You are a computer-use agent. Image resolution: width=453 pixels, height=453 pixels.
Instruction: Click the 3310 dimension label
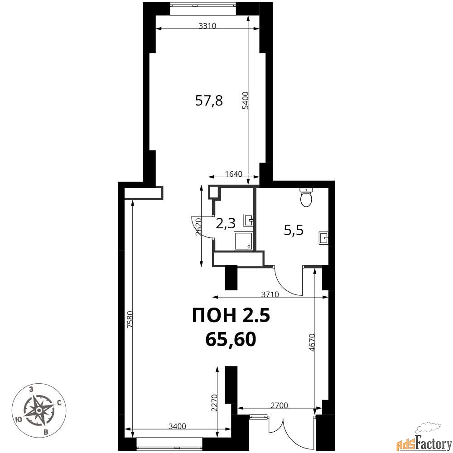click(207, 26)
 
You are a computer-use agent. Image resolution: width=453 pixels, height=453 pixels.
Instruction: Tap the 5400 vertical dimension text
click(245, 100)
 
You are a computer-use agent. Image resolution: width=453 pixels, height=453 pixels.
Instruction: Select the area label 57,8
click(209, 101)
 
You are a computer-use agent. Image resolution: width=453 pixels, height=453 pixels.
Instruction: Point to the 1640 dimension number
click(233, 174)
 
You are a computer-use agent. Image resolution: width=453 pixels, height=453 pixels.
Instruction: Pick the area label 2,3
click(226, 223)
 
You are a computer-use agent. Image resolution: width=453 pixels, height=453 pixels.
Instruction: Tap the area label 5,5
click(294, 231)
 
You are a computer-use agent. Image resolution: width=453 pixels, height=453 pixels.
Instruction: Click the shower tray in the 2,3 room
click(244, 241)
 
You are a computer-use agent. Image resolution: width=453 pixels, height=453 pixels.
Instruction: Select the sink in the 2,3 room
click(248, 220)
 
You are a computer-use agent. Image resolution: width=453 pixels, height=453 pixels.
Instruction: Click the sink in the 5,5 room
click(323, 238)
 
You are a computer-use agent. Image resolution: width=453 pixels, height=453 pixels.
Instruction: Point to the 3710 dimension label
click(270, 294)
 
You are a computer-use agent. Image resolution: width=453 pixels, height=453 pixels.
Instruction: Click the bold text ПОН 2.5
click(231, 315)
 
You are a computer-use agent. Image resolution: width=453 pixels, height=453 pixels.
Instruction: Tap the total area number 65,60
click(231, 339)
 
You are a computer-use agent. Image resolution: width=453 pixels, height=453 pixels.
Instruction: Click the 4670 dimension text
click(312, 342)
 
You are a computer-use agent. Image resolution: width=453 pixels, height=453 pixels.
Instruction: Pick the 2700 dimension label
click(279, 405)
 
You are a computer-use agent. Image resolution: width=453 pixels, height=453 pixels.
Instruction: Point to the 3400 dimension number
click(177, 426)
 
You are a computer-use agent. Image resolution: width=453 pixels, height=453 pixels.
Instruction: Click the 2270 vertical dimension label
click(214, 403)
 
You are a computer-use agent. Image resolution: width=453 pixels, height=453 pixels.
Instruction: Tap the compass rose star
click(39, 410)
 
